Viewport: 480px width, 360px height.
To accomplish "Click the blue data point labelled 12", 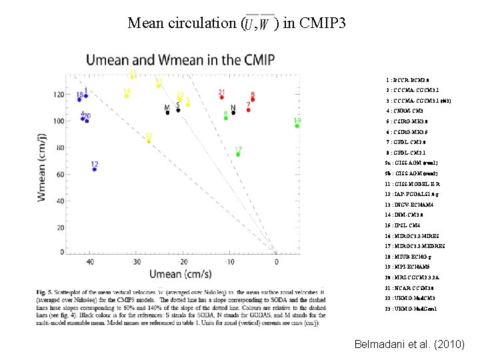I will coord(95,169).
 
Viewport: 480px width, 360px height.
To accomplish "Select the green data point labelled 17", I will coord(238,155).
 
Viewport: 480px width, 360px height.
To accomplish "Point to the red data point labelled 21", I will coord(221,97).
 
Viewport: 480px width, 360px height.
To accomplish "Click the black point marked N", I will coord(233,113).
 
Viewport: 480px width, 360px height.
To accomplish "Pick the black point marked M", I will coord(167,113).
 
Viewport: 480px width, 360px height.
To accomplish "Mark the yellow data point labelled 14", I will coord(127,96).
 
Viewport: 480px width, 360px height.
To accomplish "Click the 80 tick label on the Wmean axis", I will coord(61,148).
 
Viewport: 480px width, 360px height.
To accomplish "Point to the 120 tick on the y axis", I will coord(59,95).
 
